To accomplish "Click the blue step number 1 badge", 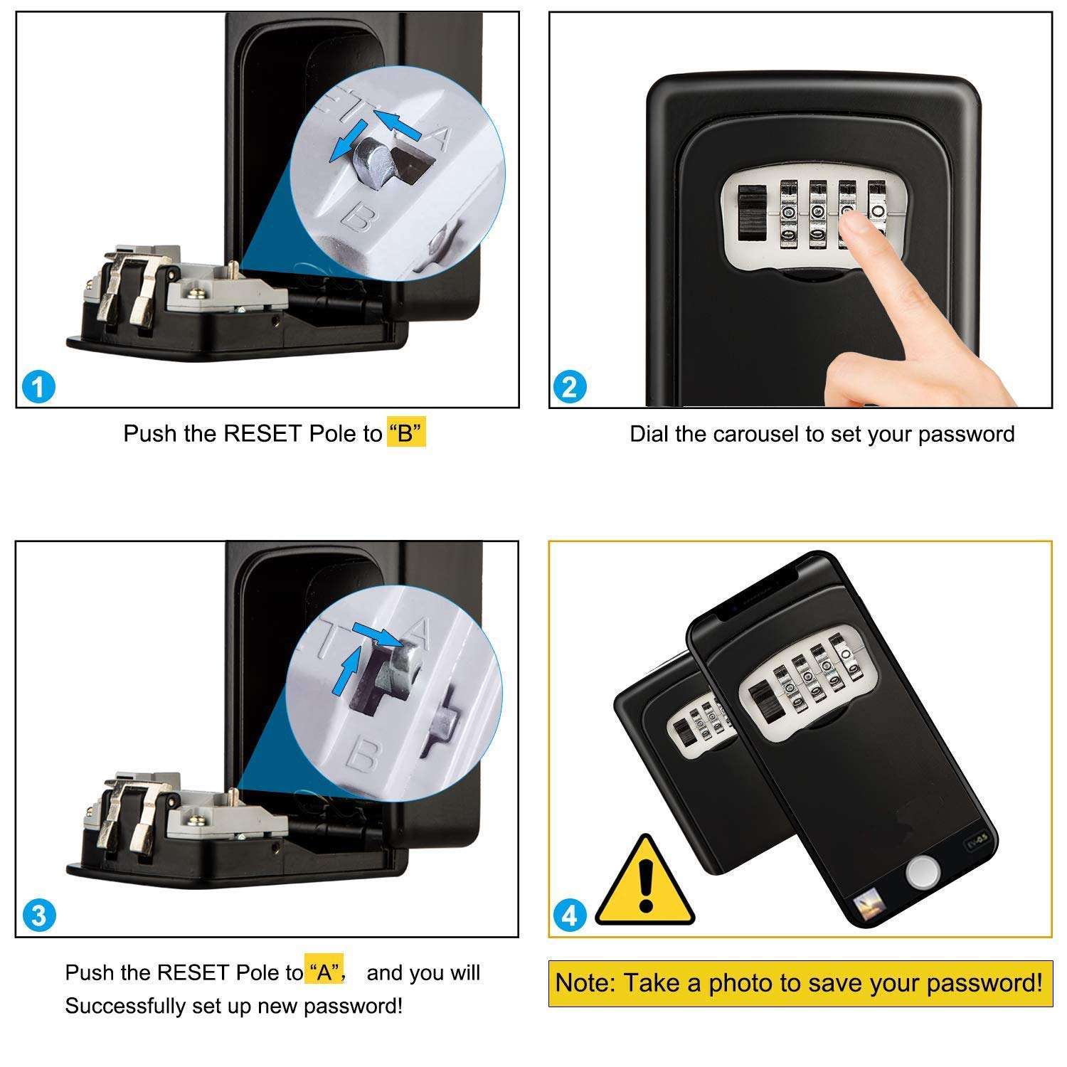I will pos(38,388).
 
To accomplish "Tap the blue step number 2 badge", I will pos(569,388).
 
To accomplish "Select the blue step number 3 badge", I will pos(38,915).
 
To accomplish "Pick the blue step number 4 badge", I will pos(570,916).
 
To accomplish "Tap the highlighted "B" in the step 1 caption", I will pos(406,433).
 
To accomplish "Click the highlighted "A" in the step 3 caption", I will pos(325,972).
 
